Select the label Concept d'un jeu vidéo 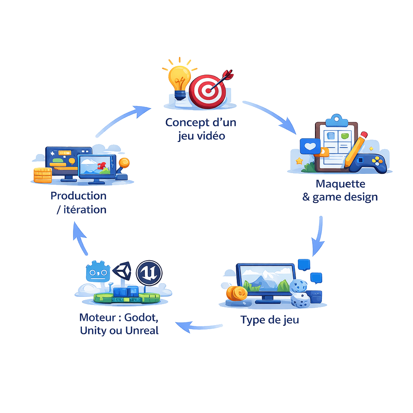click(200, 129)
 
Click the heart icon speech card click(310, 146)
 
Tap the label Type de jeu click(270, 320)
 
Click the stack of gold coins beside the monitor click(236, 293)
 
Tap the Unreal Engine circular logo click(149, 272)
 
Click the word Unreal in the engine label click(142, 330)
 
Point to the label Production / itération click(79, 202)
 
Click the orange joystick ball click(124, 163)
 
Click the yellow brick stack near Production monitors click(42, 175)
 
